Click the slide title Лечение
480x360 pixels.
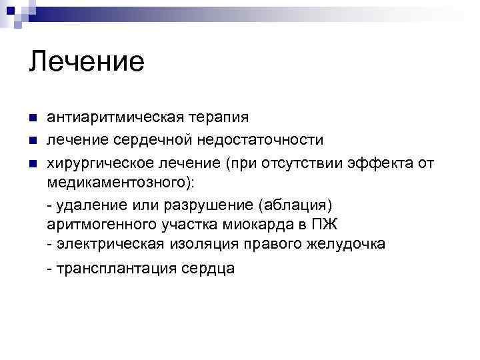click(x=87, y=61)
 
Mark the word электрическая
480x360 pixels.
click(x=110, y=244)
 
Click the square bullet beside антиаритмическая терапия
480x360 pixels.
click(x=33, y=118)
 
